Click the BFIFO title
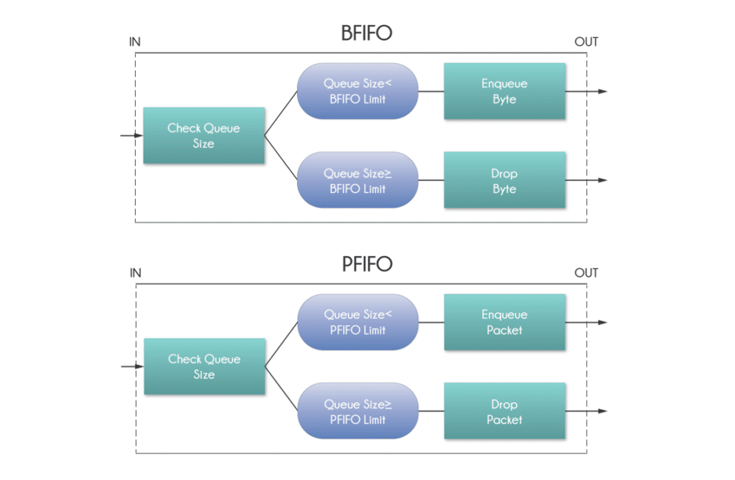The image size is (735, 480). (x=367, y=33)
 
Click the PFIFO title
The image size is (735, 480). (x=367, y=264)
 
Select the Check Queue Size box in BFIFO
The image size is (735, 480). (x=204, y=136)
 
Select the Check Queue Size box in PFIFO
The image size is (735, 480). (x=205, y=367)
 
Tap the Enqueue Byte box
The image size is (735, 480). (x=505, y=91)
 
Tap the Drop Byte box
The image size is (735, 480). (x=505, y=181)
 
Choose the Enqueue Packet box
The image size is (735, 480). (x=505, y=322)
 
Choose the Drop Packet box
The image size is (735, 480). (x=505, y=412)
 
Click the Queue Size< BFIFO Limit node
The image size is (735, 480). (x=357, y=91)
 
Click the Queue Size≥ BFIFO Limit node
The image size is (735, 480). (x=357, y=181)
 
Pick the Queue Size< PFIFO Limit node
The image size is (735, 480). (x=357, y=322)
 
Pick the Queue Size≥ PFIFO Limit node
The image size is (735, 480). (x=357, y=412)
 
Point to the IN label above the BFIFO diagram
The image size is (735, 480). (x=135, y=42)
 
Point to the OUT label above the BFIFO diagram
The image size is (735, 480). (x=586, y=42)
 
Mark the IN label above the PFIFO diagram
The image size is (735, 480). (x=135, y=273)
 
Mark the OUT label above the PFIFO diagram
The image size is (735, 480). (x=586, y=273)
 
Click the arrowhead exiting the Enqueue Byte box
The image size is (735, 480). (x=603, y=91)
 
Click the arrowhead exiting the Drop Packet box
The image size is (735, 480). (x=603, y=411)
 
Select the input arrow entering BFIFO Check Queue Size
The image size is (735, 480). (x=131, y=136)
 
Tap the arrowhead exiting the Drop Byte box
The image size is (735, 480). (x=603, y=180)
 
